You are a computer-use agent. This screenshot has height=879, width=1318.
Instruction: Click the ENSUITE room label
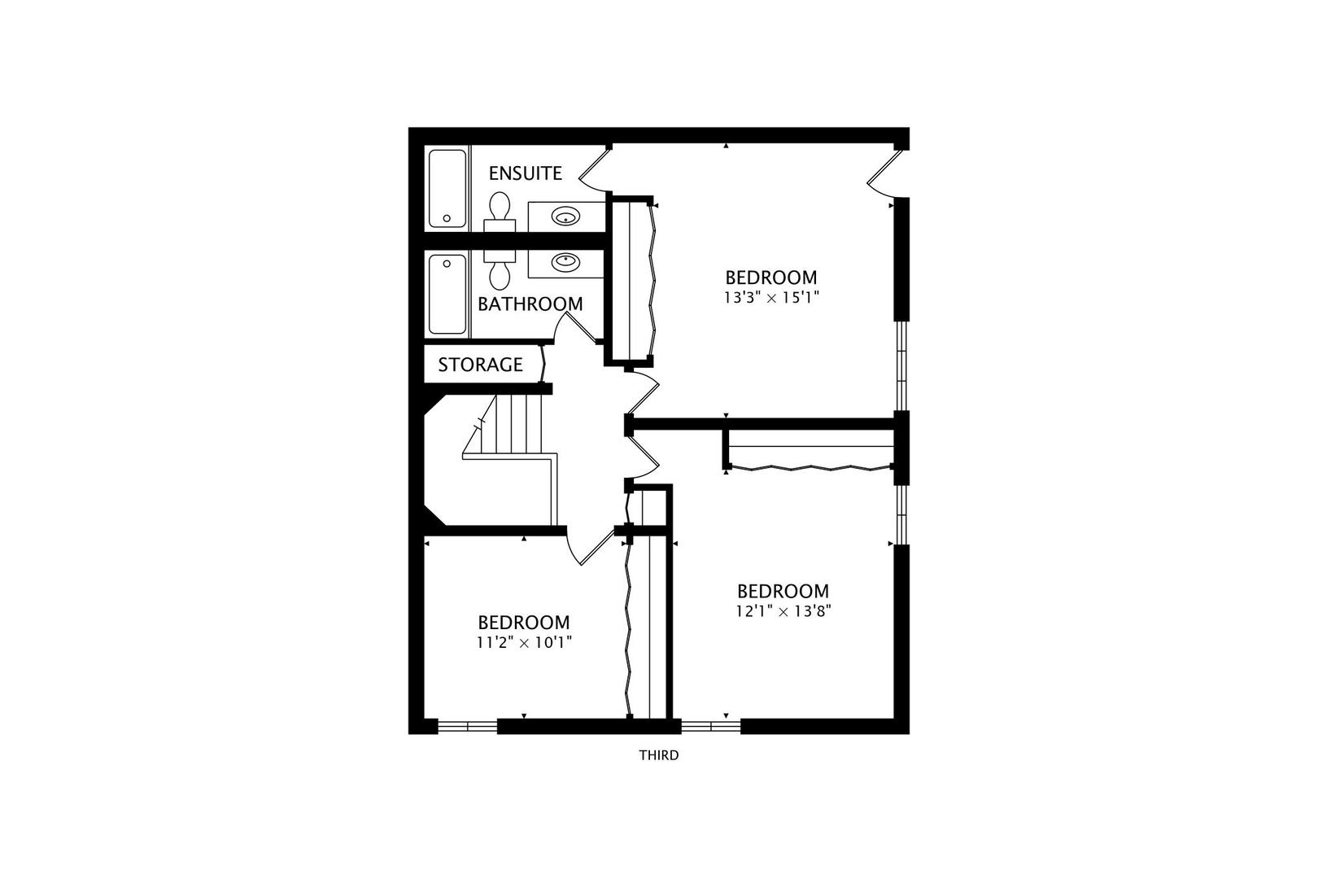525,173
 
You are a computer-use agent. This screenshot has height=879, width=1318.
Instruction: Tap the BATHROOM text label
530,304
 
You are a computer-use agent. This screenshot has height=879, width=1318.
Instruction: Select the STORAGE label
480,365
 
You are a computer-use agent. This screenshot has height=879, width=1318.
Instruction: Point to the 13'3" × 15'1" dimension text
770,298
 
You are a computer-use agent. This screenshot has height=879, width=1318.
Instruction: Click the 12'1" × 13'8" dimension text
783,611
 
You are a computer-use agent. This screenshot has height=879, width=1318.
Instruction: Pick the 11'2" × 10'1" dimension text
524,642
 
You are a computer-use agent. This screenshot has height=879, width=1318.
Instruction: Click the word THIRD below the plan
658,755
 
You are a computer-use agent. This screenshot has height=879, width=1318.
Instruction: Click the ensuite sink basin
565,216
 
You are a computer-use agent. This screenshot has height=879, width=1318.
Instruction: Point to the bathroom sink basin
565,262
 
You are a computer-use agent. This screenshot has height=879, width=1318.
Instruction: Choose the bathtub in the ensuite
447,188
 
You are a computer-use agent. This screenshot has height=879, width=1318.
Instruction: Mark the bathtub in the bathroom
447,294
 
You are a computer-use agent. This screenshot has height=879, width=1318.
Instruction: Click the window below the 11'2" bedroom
467,726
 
